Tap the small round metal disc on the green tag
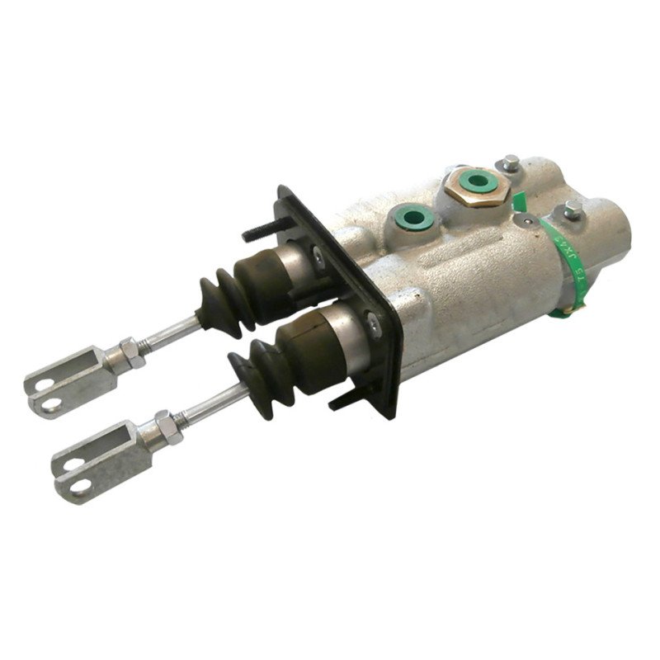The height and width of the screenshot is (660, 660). click(x=525, y=220)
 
